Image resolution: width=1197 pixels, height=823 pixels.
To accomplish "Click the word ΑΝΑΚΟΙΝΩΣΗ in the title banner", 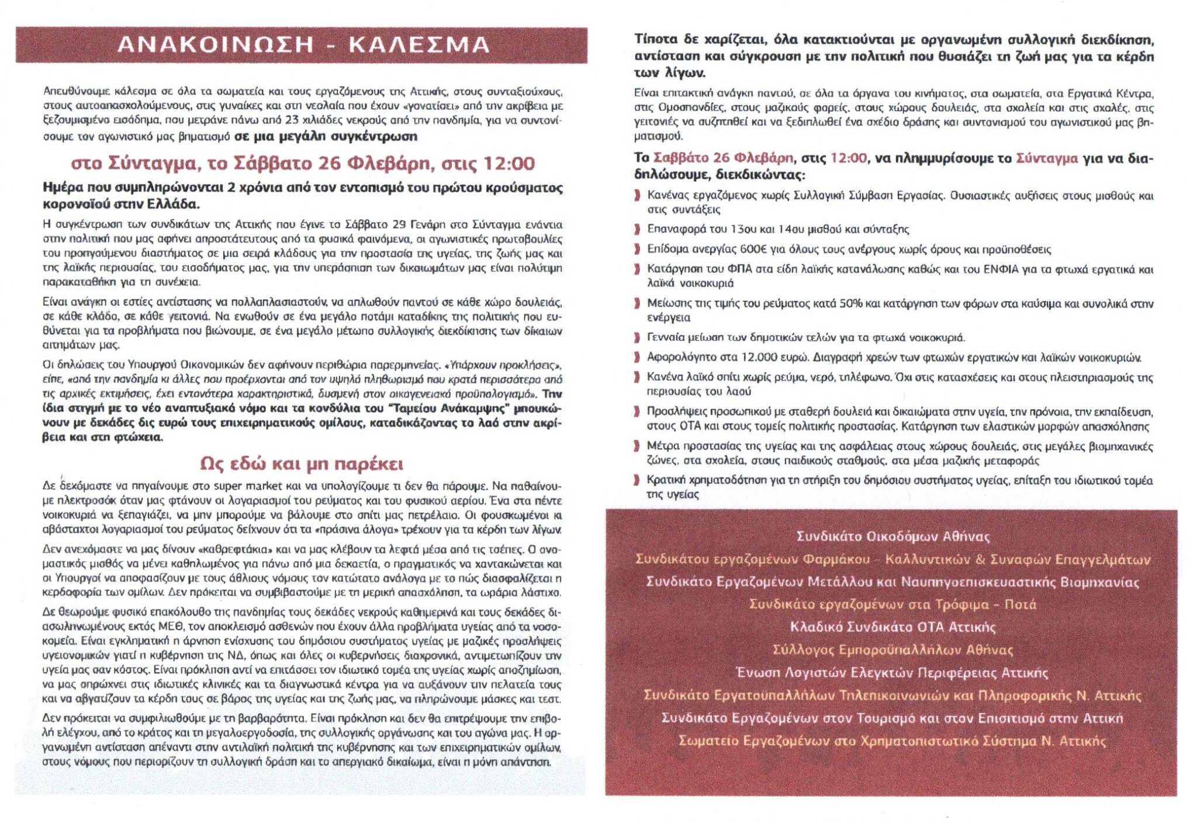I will (x=216, y=45).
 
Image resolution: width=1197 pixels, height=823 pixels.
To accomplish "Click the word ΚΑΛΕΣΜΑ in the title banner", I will (x=419, y=45).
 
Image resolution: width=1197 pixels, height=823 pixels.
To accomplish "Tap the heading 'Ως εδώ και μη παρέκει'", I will (x=301, y=464).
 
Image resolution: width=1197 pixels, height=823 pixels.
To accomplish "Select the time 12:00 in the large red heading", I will (x=508, y=163).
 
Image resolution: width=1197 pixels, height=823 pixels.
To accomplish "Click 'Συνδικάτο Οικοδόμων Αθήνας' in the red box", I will (x=892, y=537).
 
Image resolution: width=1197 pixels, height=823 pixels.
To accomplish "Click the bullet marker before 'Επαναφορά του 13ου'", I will (x=638, y=230).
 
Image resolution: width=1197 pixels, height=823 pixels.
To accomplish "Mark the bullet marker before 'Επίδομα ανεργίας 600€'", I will (x=638, y=250).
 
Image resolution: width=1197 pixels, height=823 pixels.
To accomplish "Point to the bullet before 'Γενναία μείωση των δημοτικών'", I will (x=638, y=338).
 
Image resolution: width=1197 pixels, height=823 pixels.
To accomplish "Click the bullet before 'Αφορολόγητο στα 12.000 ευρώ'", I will (x=638, y=358).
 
